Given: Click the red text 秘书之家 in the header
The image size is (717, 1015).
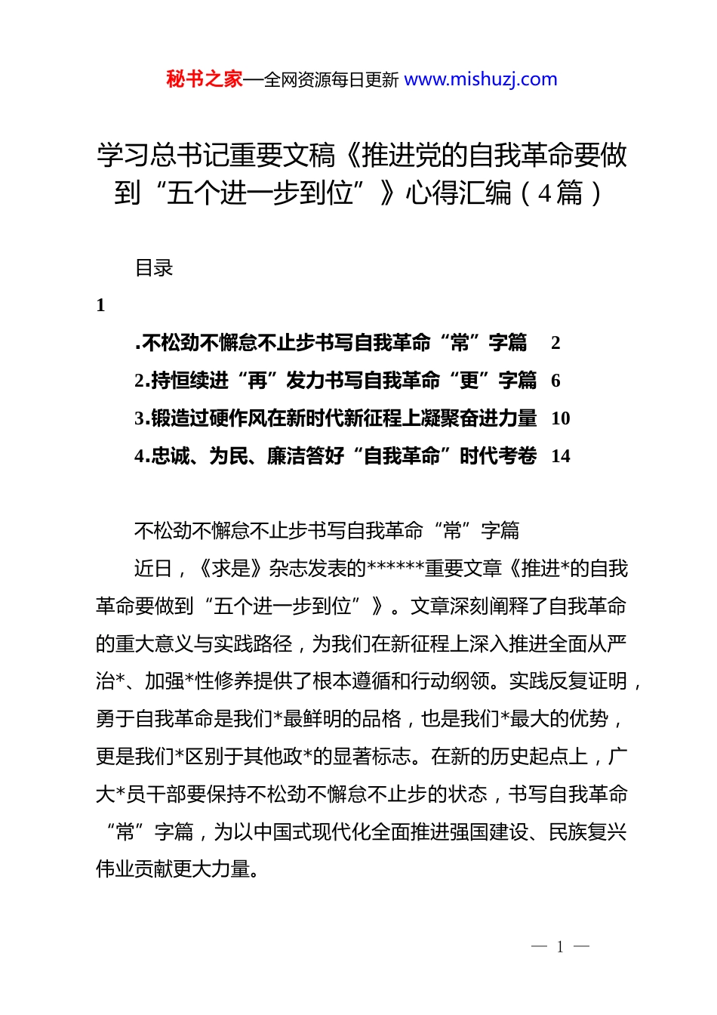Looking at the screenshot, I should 205,79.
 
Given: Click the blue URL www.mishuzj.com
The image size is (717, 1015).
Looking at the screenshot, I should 481,79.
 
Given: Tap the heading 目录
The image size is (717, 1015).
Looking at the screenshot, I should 154,268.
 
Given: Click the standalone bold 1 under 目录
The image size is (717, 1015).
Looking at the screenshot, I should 100,305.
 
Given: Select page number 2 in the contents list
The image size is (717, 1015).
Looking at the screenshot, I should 555,343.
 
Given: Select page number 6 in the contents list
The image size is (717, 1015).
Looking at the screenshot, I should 555,381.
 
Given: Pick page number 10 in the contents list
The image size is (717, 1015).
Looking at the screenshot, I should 560,418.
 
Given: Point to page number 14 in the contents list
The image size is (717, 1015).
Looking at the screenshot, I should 560,456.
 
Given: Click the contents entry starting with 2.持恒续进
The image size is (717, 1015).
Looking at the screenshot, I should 335,381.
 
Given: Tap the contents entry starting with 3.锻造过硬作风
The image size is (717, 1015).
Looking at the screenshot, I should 335,418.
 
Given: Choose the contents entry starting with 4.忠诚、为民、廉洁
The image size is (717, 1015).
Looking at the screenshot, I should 335,456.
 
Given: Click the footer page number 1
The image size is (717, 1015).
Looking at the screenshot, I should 560,947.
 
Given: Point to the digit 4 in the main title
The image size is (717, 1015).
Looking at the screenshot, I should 545,194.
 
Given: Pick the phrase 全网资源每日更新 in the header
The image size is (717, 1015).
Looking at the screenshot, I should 331,80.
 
